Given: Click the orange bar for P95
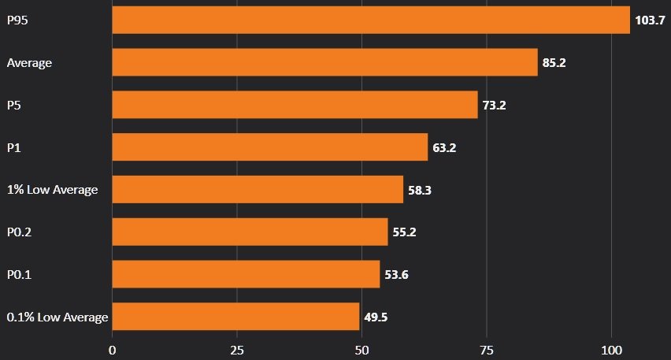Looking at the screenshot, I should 370,20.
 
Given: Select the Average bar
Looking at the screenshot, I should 324,62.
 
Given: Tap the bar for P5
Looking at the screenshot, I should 295,105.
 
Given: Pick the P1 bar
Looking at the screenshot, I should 269,147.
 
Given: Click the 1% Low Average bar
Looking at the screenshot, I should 258,190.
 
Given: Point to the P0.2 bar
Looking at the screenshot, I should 250,232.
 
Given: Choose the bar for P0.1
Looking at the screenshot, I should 246,274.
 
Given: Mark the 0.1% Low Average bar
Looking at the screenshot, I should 235,317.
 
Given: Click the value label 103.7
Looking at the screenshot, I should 650,20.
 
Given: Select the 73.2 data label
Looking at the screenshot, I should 494,106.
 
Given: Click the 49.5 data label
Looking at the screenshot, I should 376,317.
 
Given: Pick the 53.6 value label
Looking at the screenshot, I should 396,275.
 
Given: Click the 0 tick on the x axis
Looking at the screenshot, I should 113,348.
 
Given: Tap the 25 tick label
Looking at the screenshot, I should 237,348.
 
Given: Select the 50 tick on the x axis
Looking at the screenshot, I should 361,348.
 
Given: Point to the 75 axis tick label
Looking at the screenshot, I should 486,348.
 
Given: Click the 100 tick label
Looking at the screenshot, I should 611,348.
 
